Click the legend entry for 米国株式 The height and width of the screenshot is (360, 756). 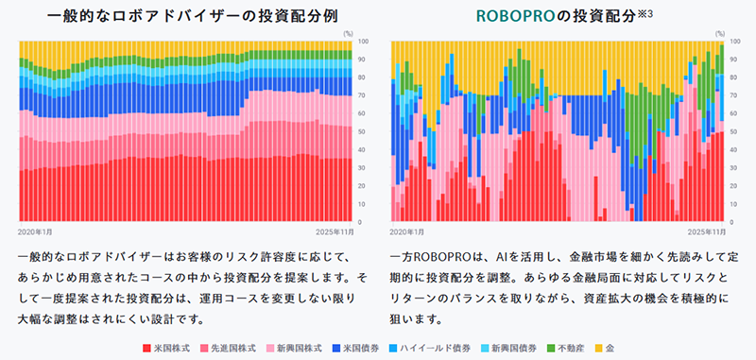[x=167, y=349]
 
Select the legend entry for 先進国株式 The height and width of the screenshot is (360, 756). [x=228, y=349]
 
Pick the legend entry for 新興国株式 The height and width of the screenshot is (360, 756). [x=296, y=349]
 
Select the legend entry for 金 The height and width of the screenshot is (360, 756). [x=624, y=349]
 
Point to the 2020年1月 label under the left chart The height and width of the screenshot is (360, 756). [x=36, y=231]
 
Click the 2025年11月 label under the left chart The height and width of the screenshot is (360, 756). [x=335, y=231]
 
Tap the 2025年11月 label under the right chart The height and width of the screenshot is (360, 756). [x=706, y=231]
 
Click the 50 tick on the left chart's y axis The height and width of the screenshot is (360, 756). [x=365, y=131]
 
